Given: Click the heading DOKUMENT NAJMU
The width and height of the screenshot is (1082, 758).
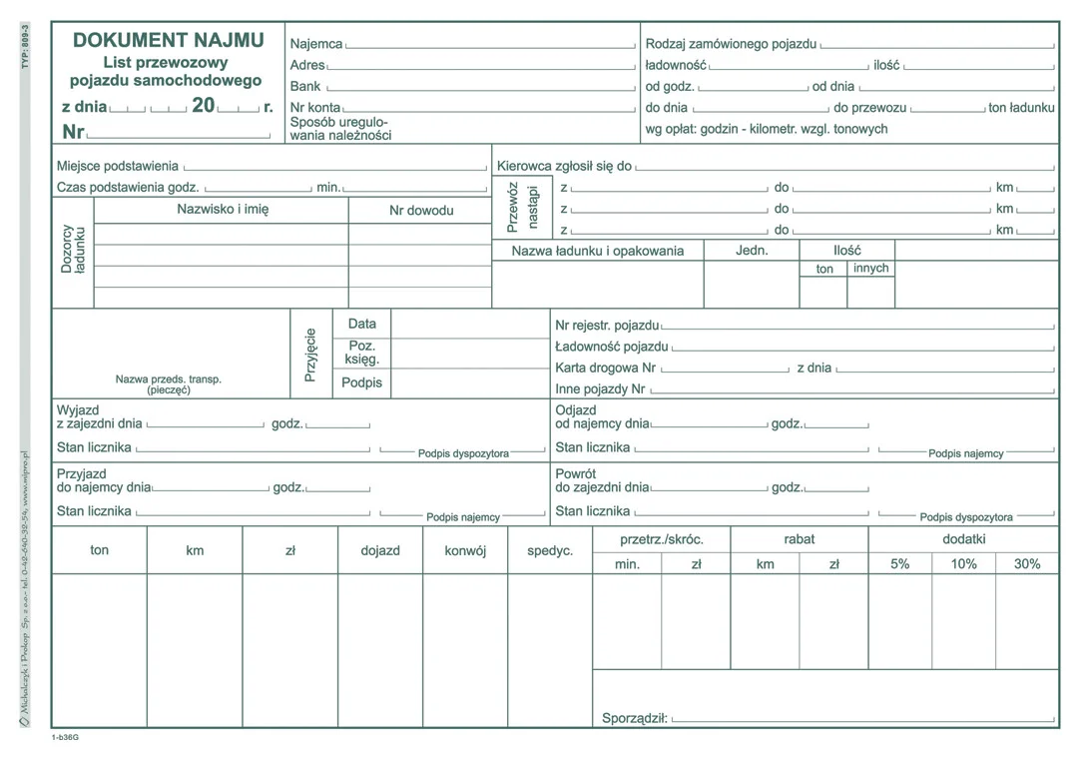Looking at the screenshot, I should [x=169, y=40].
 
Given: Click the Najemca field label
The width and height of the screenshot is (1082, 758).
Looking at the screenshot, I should [x=315, y=44].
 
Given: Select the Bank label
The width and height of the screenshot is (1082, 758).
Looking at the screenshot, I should [x=305, y=87].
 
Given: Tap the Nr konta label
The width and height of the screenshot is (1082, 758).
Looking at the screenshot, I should [x=314, y=107].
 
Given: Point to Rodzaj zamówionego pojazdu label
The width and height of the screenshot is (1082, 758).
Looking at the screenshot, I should [x=731, y=44].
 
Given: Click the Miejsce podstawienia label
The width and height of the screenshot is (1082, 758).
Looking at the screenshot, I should [x=118, y=166].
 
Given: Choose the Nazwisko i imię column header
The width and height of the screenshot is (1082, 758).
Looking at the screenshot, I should [x=223, y=210].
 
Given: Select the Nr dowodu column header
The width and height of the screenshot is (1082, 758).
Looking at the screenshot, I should [x=421, y=211].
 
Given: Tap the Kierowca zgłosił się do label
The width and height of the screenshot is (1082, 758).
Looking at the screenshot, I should [x=564, y=166].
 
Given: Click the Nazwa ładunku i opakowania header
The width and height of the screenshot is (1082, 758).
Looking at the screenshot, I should [x=598, y=251].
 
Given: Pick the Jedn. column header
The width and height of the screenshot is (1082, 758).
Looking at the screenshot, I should [x=752, y=250].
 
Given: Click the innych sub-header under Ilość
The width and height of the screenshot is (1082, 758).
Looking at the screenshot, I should [x=870, y=269].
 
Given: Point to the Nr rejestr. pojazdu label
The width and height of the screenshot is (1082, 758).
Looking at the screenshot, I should [x=607, y=326].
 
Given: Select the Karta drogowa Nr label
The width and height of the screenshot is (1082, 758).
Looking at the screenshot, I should [x=606, y=368].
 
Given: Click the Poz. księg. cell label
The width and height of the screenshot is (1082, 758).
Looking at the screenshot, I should [x=362, y=353].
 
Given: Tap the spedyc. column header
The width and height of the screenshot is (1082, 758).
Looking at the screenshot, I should [x=550, y=550].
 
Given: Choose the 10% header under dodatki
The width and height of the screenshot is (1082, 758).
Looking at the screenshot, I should [x=963, y=564].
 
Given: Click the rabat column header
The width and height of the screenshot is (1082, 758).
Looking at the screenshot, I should [x=799, y=539].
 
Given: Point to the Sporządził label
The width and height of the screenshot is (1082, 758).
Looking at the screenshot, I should [x=635, y=717].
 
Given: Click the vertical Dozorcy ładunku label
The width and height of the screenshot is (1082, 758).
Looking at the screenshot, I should [x=73, y=249].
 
